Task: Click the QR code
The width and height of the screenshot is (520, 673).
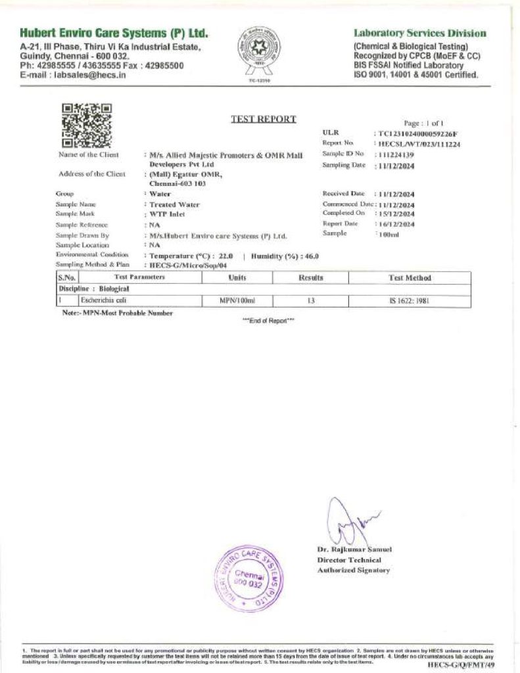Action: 86,125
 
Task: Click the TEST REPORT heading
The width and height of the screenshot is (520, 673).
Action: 263,119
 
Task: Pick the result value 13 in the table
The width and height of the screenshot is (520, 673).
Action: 311,300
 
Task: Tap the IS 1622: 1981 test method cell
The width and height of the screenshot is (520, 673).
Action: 409,300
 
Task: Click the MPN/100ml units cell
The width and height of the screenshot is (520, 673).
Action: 237,300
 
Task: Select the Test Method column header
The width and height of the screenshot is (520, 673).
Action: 409,278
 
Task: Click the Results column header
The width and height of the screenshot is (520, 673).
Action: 311,278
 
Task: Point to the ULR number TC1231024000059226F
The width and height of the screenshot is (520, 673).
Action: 417,133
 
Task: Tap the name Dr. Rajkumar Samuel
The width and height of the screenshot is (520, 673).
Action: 354,549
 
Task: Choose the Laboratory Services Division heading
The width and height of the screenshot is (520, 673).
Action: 420,34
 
